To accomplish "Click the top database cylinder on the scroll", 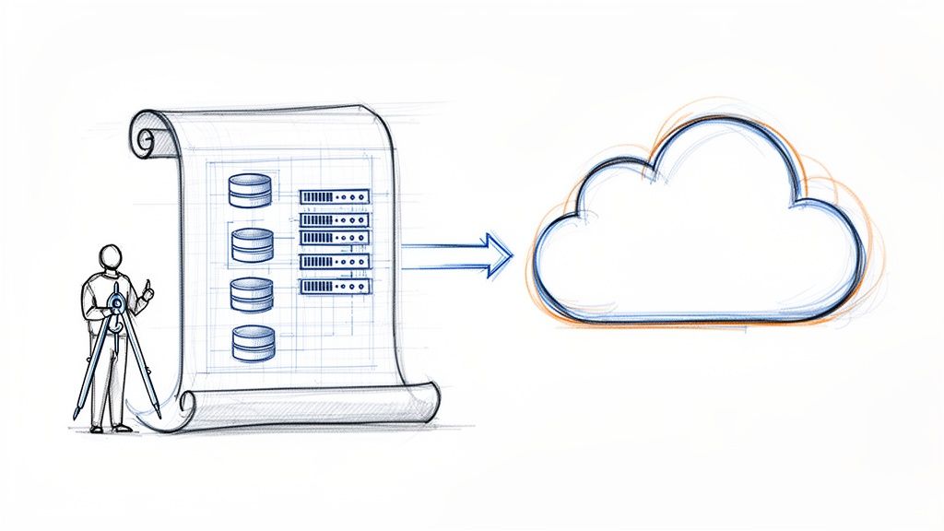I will pyautogui.click(x=250, y=190).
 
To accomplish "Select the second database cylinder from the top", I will pyautogui.click(x=252, y=244).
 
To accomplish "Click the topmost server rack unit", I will pyautogui.click(x=335, y=197).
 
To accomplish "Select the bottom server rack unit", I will pyautogui.click(x=335, y=286).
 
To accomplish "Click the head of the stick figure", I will pyautogui.click(x=111, y=258).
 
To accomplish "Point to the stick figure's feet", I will pyautogui.click(x=109, y=428).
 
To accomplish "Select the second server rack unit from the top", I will pyautogui.click(x=335, y=219).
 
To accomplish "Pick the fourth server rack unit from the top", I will pyautogui.click(x=335, y=262).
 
